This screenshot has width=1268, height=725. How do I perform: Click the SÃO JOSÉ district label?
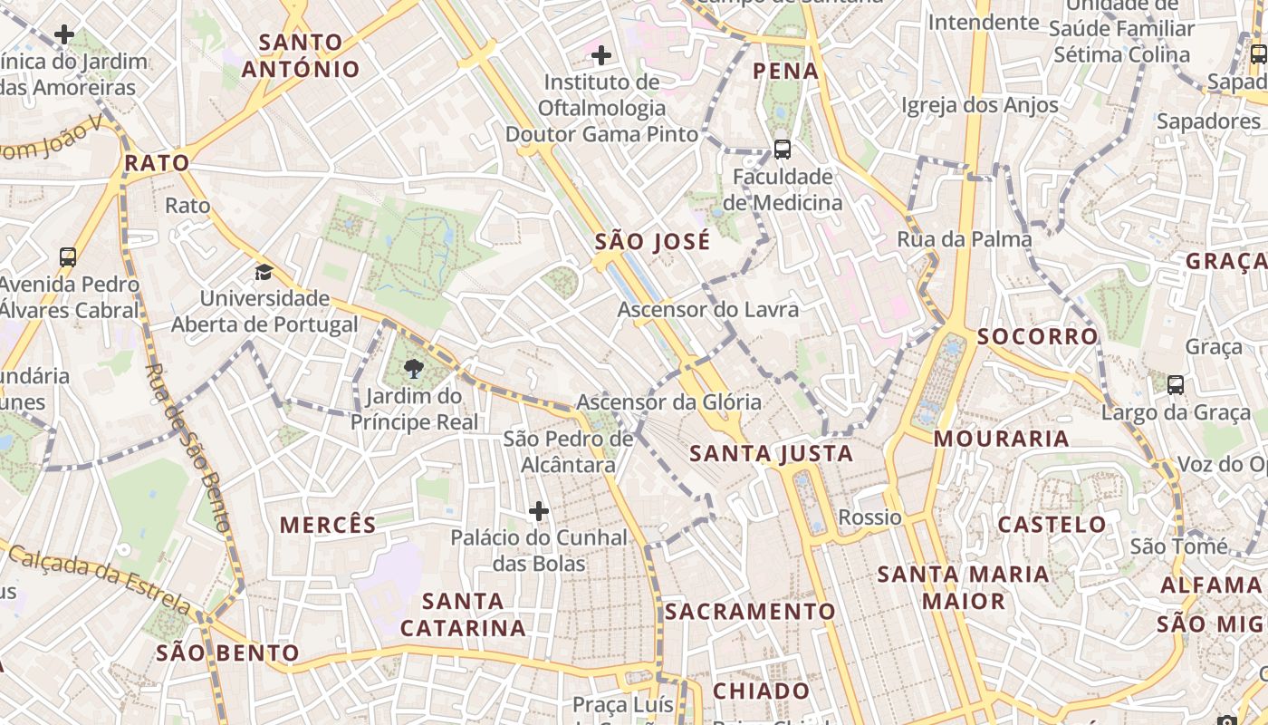click(652, 242)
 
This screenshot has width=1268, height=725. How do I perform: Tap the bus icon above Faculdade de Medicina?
click(782, 150)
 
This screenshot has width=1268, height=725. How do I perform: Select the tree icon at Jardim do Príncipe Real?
click(413, 368)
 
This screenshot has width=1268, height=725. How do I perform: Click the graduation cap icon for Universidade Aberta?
click(264, 272)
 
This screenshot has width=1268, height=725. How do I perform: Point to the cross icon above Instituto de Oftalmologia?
click(600, 56)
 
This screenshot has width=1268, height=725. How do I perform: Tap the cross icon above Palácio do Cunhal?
click(539, 512)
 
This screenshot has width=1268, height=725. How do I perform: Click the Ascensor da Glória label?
click(668, 401)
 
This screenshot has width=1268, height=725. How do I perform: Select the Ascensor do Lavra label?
click(708, 310)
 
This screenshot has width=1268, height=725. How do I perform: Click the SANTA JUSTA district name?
click(771, 453)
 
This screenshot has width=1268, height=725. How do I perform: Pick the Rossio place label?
click(869, 517)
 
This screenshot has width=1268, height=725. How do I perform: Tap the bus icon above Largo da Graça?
click(1176, 385)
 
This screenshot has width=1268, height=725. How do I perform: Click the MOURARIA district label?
click(1001, 439)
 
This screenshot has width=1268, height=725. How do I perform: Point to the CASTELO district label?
click(1052, 524)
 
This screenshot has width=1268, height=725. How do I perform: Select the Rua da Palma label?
click(964, 239)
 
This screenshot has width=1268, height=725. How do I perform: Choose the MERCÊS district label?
click(328, 525)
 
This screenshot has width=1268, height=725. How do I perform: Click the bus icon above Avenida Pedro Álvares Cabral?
click(68, 256)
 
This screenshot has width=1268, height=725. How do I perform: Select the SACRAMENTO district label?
click(750, 612)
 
